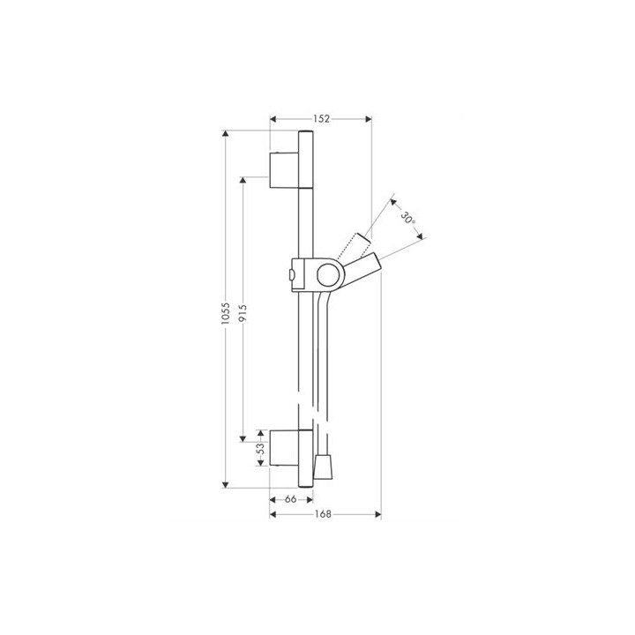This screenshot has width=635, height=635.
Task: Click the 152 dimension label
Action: point(321,119)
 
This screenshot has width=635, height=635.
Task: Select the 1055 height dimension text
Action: point(226,313)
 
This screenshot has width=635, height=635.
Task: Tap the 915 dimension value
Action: point(243,313)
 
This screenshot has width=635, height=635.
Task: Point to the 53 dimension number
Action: point(261,448)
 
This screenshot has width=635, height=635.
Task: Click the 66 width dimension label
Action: point(290,499)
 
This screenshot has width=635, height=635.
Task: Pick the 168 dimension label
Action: point(323,514)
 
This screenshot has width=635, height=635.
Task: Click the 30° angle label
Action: point(408,218)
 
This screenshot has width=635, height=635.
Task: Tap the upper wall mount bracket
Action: point(284,170)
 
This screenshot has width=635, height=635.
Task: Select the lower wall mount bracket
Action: point(284,448)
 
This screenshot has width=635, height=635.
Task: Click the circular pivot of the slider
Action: point(330,275)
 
